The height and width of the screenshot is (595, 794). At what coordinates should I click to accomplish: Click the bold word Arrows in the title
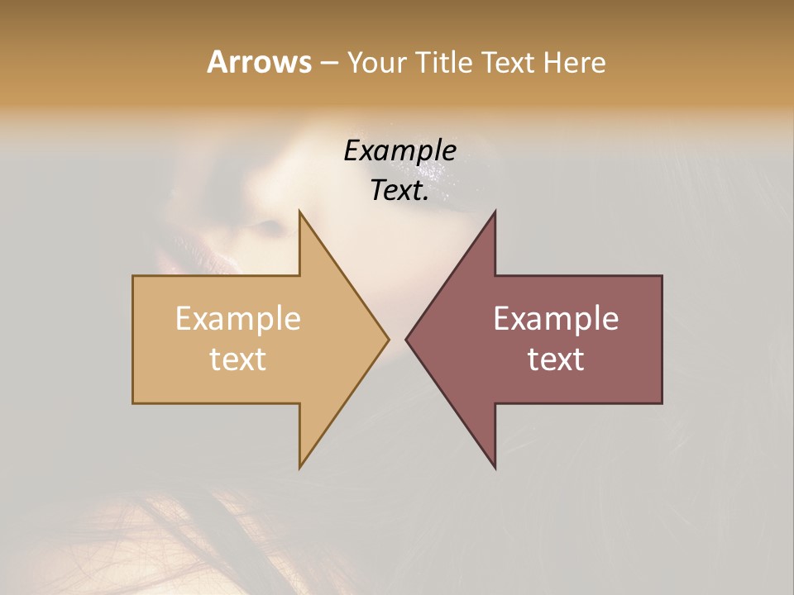(259, 62)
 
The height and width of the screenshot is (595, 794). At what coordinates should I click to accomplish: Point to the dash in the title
(328, 63)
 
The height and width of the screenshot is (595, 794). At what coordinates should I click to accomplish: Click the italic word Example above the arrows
(399, 151)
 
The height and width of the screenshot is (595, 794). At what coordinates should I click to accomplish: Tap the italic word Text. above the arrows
(399, 191)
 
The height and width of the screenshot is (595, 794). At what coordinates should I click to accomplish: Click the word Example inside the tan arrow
(238, 319)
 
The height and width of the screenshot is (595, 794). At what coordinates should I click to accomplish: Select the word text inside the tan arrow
(238, 359)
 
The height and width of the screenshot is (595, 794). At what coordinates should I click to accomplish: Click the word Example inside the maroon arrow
(556, 319)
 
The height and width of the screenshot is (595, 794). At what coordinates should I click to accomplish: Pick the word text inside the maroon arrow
(556, 359)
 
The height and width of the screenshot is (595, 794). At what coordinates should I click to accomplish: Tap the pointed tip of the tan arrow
(388, 339)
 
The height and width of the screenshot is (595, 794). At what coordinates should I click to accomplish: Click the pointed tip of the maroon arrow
(406, 339)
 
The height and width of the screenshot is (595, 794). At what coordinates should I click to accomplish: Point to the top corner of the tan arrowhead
(300, 212)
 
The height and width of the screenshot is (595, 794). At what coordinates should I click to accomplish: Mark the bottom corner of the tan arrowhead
(300, 467)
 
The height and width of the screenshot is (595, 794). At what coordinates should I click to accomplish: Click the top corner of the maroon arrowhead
(495, 212)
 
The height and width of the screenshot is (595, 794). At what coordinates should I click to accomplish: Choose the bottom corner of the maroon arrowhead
(495, 467)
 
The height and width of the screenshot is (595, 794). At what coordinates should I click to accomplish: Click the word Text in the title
(507, 62)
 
